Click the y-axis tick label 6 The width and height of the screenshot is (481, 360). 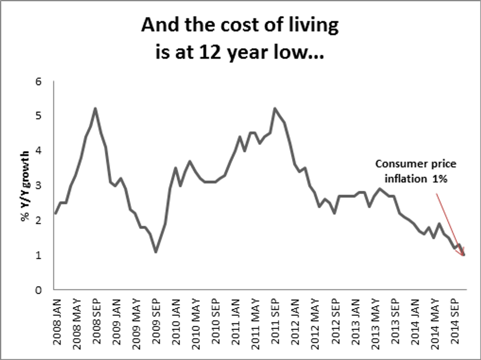pyautogui.click(x=45, y=81)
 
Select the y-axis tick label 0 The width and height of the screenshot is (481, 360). pyautogui.click(x=45, y=290)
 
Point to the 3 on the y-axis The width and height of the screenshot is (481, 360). pyautogui.click(x=45, y=185)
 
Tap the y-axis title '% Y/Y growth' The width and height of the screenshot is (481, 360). pyautogui.click(x=25, y=185)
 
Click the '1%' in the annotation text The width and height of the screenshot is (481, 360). pyautogui.click(x=439, y=179)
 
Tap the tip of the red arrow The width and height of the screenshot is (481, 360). pyautogui.click(x=463, y=255)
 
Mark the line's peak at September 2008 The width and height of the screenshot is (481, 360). pyautogui.click(x=95, y=108)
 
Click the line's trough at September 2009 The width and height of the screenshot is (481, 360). pyautogui.click(x=156, y=252)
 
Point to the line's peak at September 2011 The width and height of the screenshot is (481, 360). pyautogui.click(x=275, y=108)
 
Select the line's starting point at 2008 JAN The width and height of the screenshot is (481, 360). pyautogui.click(x=55, y=213)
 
